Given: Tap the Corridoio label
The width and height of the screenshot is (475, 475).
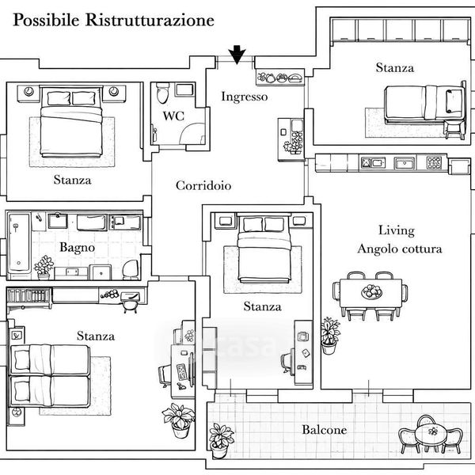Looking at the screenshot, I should tap(203, 186).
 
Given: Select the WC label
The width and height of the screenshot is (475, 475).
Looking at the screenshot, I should tap(173, 116).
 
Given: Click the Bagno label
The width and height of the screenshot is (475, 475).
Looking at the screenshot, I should tap(78, 248).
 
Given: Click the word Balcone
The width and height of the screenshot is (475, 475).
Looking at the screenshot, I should tap(324, 431).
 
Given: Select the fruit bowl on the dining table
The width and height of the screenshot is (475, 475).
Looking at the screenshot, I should tap(370, 292).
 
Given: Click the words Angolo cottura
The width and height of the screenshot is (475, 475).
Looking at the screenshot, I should tap(399, 249).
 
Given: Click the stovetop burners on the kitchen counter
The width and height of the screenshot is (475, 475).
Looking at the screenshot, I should tap(434, 164).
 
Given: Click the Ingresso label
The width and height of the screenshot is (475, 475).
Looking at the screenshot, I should tap(244, 97).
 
